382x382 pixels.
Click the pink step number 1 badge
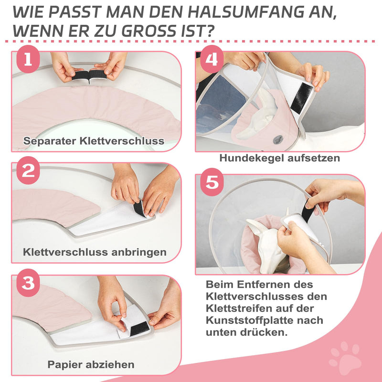[28, 59]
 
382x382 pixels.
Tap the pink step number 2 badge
[28, 170]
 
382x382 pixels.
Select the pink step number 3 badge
[28, 283]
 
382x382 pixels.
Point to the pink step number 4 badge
[212, 59]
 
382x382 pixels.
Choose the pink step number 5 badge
[212, 182]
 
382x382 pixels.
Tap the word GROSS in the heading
[149, 31]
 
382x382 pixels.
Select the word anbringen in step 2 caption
[139, 252]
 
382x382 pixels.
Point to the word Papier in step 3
[65, 365]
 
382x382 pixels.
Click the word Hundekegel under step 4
[252, 158]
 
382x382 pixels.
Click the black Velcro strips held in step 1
[89, 75]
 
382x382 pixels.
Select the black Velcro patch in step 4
[302, 98]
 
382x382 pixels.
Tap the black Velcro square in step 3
[139, 329]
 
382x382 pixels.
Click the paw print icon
[345, 357]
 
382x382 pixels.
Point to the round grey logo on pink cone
[278, 140]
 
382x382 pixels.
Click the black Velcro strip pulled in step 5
[308, 211]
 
